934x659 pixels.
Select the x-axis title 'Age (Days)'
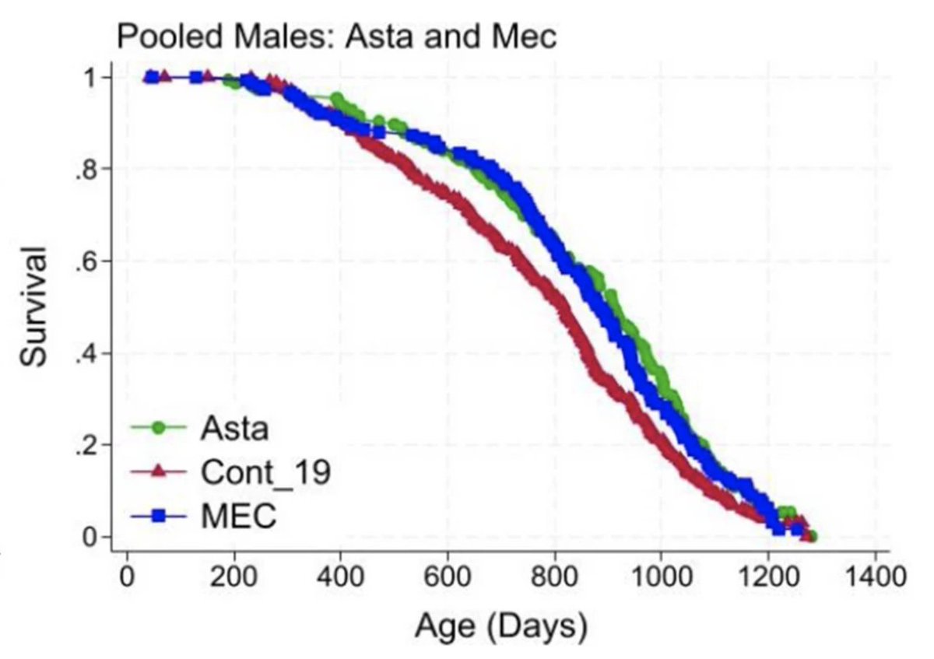point(500,626)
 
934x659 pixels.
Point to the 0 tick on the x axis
point(125,579)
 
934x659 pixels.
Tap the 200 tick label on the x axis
point(232,579)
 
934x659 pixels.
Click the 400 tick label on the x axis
point(339,579)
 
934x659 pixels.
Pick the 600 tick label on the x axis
point(447,579)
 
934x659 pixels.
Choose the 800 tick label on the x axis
point(554,579)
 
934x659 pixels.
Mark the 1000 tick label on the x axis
point(661,579)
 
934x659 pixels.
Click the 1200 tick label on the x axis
point(768,579)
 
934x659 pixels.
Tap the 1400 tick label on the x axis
point(876,579)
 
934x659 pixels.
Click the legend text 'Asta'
point(234,427)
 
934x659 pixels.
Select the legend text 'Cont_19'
point(265,472)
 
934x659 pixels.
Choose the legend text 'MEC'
point(239,517)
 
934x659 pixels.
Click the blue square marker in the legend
point(159,517)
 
